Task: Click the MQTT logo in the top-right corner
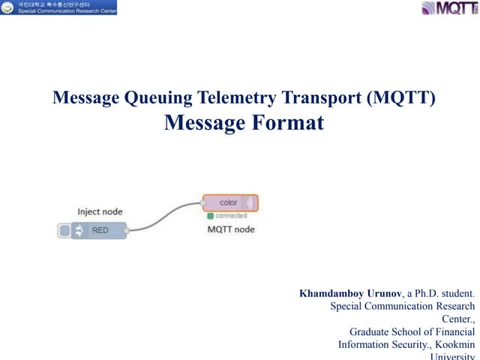448,8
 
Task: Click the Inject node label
100,212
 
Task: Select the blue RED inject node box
100,231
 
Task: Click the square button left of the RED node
64,231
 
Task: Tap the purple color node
230,203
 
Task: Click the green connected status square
211,216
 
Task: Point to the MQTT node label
231,229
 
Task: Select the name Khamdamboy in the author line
331,293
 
